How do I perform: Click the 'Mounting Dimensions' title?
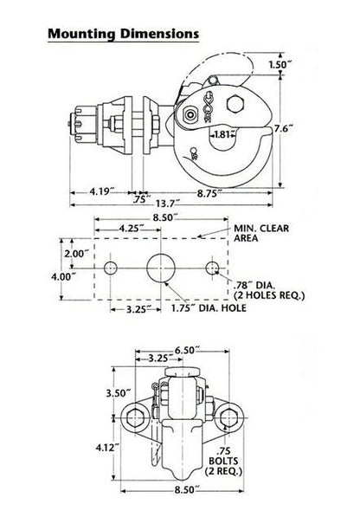[x=123, y=34]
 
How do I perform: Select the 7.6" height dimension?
[x=283, y=129]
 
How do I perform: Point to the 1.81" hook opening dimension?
[x=222, y=134]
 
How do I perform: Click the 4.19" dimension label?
[x=100, y=191]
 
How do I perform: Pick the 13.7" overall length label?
[x=168, y=204]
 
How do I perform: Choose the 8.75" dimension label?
[x=209, y=194]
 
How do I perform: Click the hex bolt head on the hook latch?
[x=235, y=104]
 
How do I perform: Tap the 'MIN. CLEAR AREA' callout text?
[x=261, y=233]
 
